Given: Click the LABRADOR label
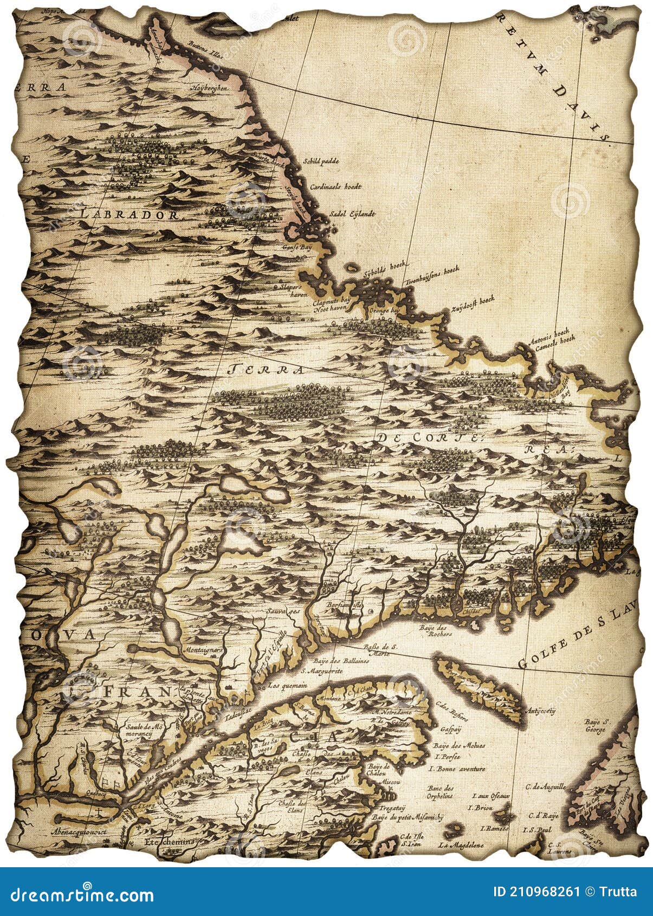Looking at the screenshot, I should [130, 215].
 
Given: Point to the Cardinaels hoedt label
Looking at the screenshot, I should [335, 186].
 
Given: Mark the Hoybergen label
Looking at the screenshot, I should [210, 88].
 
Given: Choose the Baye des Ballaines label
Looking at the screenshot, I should [342, 661].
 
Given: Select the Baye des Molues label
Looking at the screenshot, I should [459, 745].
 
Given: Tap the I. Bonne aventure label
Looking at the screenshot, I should [457, 769].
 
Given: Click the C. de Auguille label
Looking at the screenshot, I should [545, 786].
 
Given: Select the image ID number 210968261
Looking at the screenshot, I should [536, 892].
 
